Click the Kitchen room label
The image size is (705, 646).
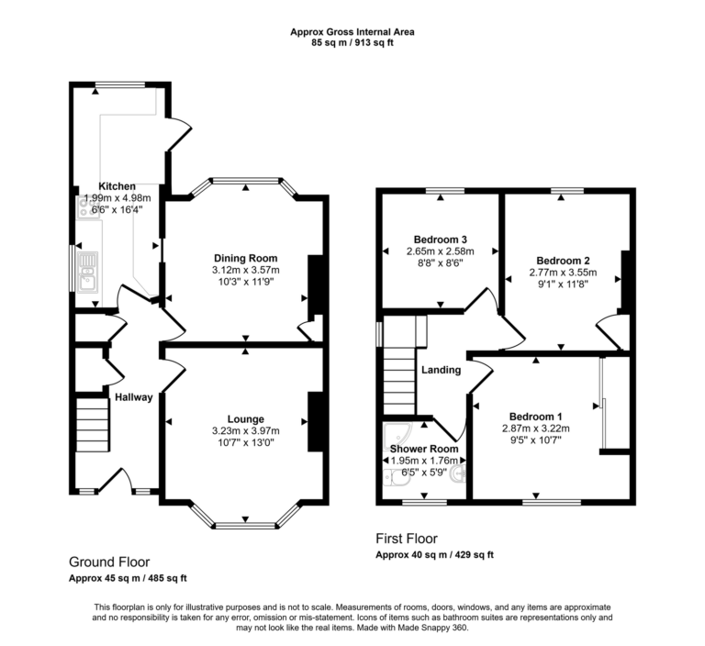coord(117,185)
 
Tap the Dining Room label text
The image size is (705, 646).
coord(245,258)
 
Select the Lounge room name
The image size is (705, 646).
coord(245,418)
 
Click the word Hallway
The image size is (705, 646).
coord(133,396)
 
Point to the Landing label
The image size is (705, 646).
coord(440,370)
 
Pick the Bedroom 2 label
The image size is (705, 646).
coord(563,260)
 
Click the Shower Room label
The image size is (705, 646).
coord(422,449)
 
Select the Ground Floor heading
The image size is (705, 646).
coord(109,562)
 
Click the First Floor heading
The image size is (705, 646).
coord(407,539)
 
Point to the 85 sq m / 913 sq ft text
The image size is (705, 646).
coord(352,43)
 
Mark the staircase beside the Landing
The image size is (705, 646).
coord(398,376)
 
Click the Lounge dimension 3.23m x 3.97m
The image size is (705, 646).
coord(245,430)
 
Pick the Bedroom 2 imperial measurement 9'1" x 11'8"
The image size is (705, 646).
coord(563,284)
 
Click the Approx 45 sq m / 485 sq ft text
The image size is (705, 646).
coord(128,578)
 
